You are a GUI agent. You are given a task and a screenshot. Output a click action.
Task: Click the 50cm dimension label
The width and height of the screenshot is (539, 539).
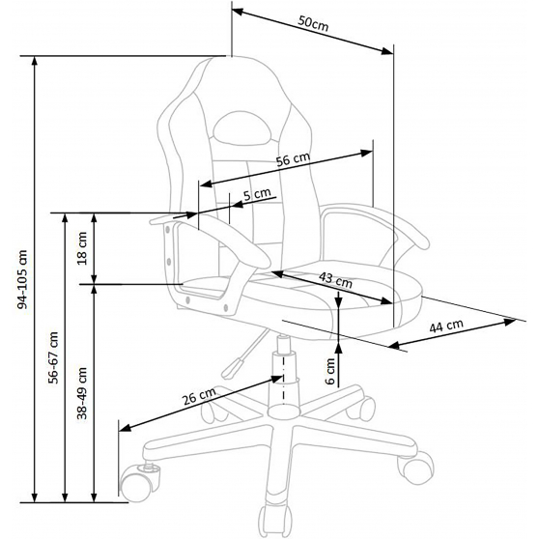click(x=313, y=23)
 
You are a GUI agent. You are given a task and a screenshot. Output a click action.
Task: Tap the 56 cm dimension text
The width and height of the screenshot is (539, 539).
click(x=294, y=158)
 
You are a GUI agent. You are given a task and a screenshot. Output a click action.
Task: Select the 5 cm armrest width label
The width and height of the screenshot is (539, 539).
click(x=257, y=194)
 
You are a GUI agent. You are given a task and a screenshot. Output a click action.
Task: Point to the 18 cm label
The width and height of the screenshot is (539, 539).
click(x=82, y=248)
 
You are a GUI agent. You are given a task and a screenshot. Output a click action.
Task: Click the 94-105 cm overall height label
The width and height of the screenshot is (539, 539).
click(x=22, y=279)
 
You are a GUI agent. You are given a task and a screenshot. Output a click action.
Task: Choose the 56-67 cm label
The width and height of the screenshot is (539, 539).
click(x=54, y=357)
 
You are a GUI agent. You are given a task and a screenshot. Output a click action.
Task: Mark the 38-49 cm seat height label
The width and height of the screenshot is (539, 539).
click(x=82, y=393)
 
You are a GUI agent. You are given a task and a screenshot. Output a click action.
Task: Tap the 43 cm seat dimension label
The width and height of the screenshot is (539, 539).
click(x=335, y=280)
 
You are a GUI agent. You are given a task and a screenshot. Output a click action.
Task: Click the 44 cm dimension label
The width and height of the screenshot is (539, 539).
click(x=446, y=326)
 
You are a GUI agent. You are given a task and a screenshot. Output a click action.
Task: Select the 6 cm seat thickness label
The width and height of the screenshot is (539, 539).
click(x=330, y=371)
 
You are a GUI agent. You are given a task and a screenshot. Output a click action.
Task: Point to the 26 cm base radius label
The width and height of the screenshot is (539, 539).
click(x=199, y=395)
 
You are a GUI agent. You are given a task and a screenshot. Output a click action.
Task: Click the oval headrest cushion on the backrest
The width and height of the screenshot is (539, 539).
click(x=241, y=128)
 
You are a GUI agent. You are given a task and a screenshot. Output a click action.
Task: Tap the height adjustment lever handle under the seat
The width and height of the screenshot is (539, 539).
click(x=231, y=369)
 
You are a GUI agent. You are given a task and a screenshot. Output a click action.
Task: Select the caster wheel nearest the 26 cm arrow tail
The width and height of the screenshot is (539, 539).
click(x=139, y=482)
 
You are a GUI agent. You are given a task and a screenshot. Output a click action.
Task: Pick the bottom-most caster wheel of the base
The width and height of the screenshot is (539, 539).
click(x=274, y=522)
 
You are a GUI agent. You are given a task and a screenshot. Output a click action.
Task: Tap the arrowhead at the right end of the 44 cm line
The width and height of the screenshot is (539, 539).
click(x=510, y=322)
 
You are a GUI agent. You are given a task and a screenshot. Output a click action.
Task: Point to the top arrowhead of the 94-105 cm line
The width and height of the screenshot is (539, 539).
click(x=34, y=61)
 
